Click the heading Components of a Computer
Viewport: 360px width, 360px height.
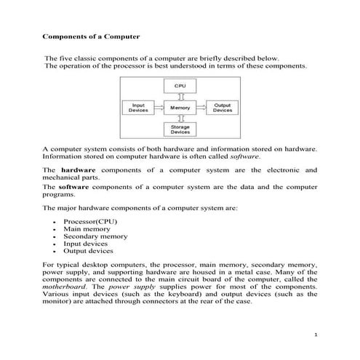pos(91,34)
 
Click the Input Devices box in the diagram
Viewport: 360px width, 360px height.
pos(137,108)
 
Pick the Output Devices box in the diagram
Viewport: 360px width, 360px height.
pos(222,108)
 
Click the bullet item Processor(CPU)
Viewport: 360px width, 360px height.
pos(89,220)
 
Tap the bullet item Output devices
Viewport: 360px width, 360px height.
pos(88,250)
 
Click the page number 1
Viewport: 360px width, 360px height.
pos(316,334)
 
